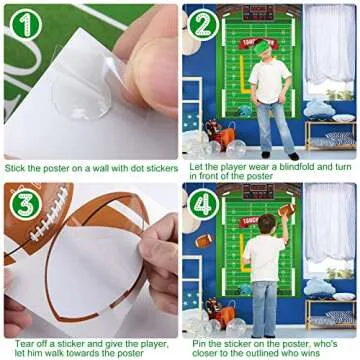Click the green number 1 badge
tap(27, 25)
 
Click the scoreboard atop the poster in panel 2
tap(258, 13)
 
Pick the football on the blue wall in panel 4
tap(203, 241)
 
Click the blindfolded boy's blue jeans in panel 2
tap(271, 125)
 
